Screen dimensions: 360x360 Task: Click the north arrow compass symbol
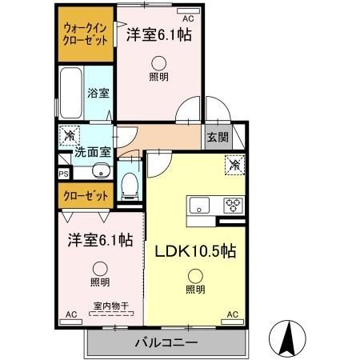[287, 338]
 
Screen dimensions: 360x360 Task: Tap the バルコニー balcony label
[166, 342]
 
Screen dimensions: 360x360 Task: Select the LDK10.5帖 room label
[195, 251]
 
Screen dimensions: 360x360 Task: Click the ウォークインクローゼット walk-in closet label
[86, 34]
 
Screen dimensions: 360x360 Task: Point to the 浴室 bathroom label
[98, 93]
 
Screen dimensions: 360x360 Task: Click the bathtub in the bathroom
[70, 93]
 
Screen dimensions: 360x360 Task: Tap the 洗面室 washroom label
[92, 152]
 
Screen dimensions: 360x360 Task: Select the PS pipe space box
[64, 174]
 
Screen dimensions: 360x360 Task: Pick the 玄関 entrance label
[218, 138]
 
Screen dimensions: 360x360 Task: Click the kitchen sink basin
[199, 205]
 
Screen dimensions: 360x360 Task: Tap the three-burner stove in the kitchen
[234, 206]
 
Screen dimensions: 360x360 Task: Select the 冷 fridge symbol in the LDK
[234, 166]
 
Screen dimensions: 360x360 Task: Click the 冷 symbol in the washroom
[70, 136]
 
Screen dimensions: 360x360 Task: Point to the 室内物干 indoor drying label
[111, 306]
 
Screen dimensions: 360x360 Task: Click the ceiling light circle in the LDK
[195, 277]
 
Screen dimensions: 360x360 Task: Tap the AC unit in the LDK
[233, 322]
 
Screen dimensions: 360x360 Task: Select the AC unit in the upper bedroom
[188, 11]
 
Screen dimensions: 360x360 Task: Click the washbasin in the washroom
[101, 170]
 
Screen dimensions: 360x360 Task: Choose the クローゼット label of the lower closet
[86, 196]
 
